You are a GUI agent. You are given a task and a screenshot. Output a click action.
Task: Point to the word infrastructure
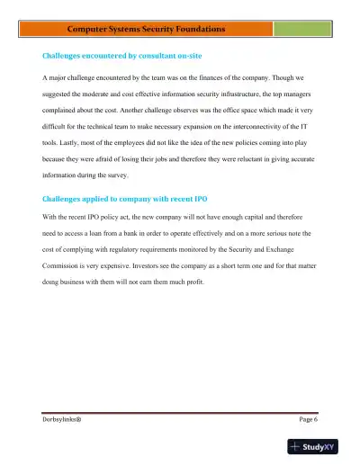pyautogui.click(x=226, y=94)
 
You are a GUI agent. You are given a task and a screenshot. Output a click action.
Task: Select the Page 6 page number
pyautogui.click(x=308, y=420)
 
